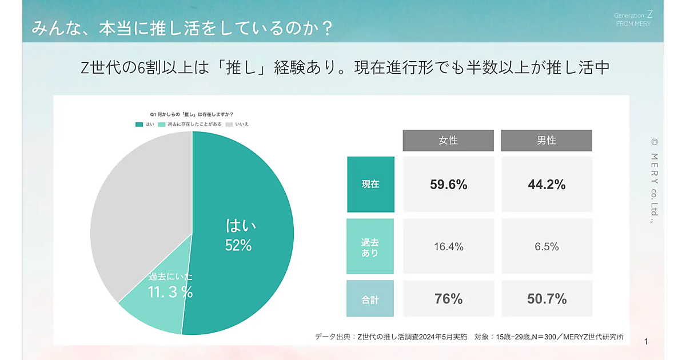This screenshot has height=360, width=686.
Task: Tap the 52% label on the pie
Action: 238,245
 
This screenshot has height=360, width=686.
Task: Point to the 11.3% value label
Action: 170,292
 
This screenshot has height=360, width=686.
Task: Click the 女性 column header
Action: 448,141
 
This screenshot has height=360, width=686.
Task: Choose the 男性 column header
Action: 547,141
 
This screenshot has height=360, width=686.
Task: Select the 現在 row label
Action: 370,185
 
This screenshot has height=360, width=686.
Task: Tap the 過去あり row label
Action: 370,247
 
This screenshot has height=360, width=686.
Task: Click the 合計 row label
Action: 370,299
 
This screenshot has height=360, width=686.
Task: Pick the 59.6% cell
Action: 448,185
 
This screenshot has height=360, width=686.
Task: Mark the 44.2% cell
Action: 547,185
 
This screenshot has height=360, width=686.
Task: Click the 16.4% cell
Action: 448,247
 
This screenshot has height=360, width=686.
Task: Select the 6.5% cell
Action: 547,247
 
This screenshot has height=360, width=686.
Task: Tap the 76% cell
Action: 448,299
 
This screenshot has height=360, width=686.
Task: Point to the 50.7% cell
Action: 547,299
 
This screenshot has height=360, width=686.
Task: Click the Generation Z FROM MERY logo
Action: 633,19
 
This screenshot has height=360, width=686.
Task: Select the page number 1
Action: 646,342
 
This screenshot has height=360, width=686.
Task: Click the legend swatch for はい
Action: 139,124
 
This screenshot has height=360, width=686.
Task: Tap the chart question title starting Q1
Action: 192,114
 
